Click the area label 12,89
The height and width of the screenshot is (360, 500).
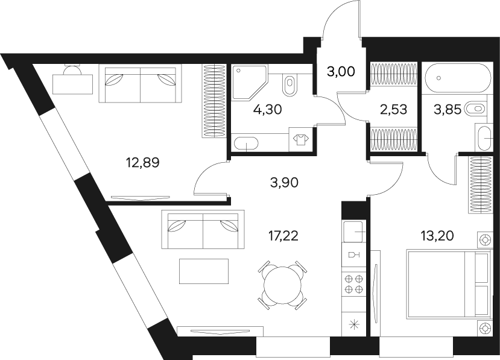(x=142, y=163)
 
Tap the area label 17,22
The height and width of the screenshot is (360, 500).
(x=283, y=236)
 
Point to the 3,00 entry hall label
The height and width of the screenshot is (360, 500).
(x=341, y=72)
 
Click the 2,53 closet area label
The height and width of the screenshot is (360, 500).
(x=393, y=109)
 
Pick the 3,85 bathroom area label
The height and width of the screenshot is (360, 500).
(x=447, y=110)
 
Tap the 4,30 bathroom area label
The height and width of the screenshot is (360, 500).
(x=267, y=110)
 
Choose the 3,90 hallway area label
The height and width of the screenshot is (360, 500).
(x=284, y=182)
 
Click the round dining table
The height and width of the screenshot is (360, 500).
(x=282, y=283)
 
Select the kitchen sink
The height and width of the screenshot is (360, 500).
(x=353, y=232)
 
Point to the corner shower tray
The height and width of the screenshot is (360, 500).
(x=249, y=81)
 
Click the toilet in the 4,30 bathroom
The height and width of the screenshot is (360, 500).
(x=290, y=84)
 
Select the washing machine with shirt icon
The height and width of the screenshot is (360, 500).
(x=300, y=140)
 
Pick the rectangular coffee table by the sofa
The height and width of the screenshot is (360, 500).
(x=204, y=271)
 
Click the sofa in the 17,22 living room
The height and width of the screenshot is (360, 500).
(x=203, y=229)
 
